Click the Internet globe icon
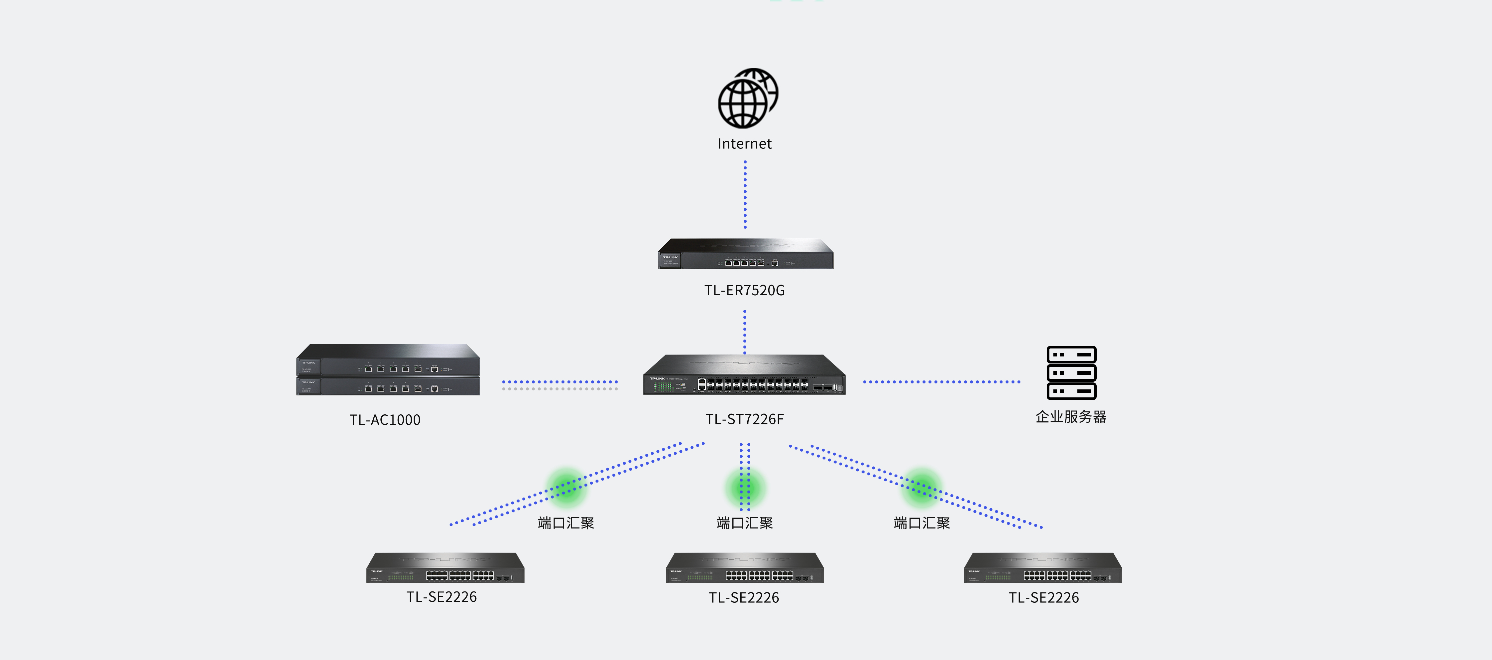747,99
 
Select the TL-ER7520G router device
745,254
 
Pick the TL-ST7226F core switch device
744,375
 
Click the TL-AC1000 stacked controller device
388,370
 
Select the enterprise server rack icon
1071,373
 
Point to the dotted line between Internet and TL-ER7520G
745,194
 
